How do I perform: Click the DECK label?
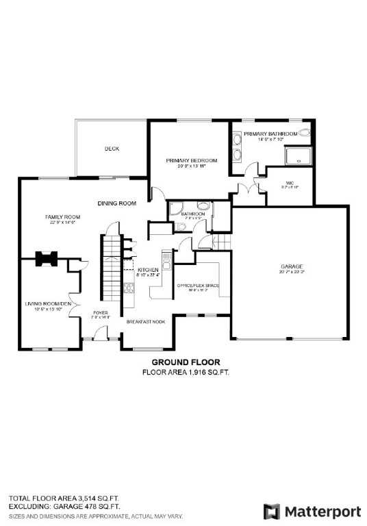pos(112,149)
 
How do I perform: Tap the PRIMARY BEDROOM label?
pos(192,160)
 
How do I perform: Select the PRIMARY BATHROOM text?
pos(270,134)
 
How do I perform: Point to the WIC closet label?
pos(290,183)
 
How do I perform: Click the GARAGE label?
pos(291,266)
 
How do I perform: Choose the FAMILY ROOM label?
pos(58,216)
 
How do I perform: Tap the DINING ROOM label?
pos(116,203)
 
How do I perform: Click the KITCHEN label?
pos(148,270)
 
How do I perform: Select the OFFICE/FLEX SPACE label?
pos(197,285)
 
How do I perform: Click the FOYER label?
pos(100,313)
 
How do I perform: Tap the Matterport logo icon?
pos(272,511)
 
